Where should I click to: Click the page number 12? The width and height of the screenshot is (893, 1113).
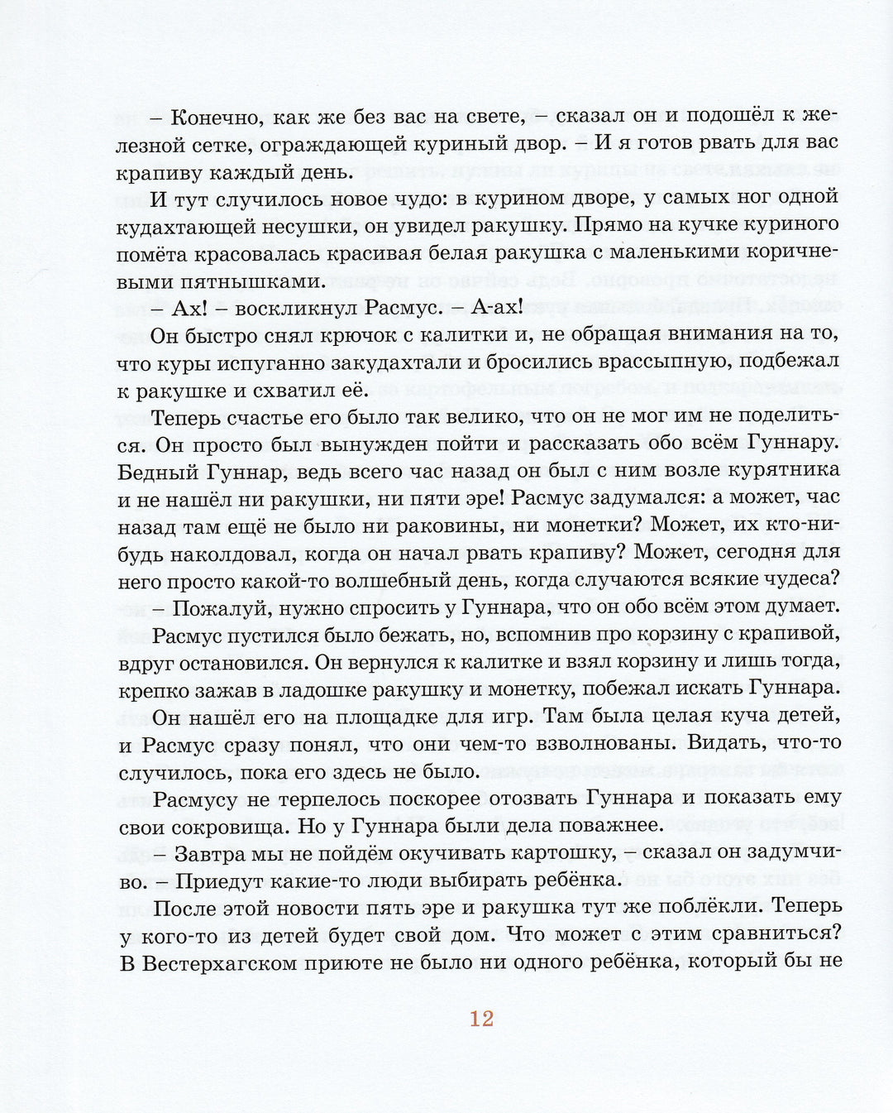[x=482, y=1019]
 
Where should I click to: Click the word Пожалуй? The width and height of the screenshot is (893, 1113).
[x=217, y=606]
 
